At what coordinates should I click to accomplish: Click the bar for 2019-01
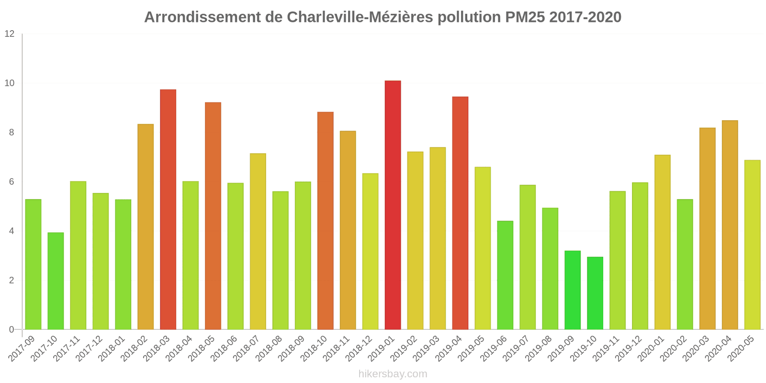click(393, 205)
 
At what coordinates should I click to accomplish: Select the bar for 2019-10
click(595, 293)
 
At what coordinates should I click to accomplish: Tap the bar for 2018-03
click(168, 209)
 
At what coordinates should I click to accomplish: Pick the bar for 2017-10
click(56, 281)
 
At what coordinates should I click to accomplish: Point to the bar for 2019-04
click(460, 213)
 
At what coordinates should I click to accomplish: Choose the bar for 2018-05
click(213, 216)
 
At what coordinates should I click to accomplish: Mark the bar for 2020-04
click(730, 225)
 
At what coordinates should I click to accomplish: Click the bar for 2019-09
click(573, 290)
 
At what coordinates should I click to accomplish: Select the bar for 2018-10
click(326, 221)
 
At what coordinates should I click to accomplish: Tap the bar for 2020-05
click(752, 245)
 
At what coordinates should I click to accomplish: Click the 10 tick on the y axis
click(10, 83)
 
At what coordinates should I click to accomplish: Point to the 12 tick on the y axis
click(10, 34)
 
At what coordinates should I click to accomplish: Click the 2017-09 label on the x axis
click(23, 349)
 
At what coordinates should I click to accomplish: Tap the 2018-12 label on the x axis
click(360, 349)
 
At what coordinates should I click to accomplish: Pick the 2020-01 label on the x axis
click(652, 349)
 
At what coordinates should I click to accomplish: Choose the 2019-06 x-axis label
click(494, 349)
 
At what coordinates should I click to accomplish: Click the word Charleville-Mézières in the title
click(360, 17)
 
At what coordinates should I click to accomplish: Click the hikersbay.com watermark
click(393, 374)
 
